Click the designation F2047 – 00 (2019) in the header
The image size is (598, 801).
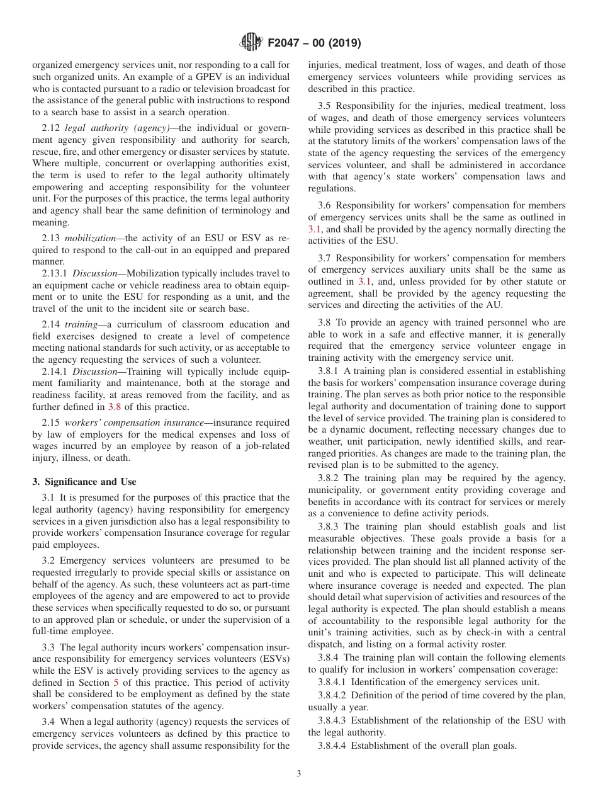(x=314, y=43)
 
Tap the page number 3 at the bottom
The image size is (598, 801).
(x=299, y=774)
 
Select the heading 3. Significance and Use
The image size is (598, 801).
(x=84, y=482)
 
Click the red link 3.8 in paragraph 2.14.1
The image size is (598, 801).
(x=114, y=407)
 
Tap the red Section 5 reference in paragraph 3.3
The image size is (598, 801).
(x=115, y=683)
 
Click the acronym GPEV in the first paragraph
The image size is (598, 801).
(x=187, y=77)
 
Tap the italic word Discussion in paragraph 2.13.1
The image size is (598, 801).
(x=91, y=273)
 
